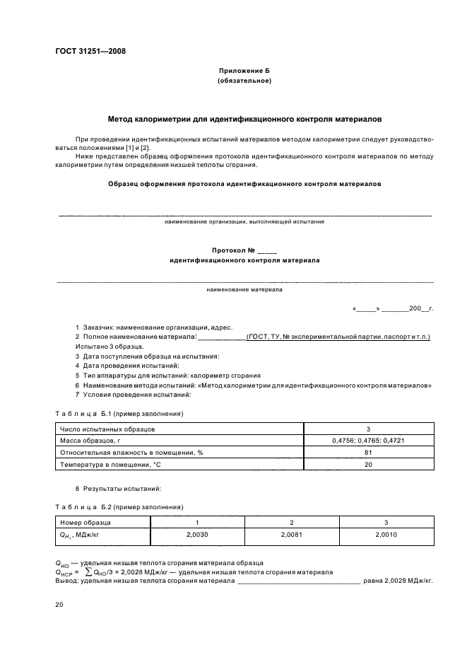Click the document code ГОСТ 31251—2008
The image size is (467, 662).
[x=85, y=51]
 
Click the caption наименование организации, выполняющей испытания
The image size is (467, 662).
[x=244, y=221]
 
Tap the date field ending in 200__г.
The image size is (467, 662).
[x=392, y=309]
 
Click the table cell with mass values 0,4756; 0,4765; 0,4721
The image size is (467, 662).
[x=368, y=441]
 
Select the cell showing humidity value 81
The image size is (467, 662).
[x=368, y=453]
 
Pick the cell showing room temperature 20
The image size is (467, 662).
[x=368, y=465]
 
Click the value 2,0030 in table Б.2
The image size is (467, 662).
[x=190, y=535]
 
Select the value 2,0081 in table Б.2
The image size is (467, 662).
[x=291, y=535]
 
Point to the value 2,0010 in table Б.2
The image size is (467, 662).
[x=386, y=535]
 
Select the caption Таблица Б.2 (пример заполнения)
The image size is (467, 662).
[x=119, y=506]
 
